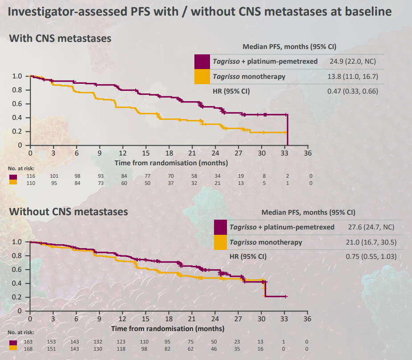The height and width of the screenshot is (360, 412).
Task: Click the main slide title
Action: tap(200, 12)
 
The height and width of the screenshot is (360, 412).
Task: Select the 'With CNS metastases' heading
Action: tap(60, 38)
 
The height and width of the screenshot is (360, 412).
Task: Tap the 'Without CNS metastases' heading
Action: tap(69, 211)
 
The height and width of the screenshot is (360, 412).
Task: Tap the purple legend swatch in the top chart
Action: tap(202, 61)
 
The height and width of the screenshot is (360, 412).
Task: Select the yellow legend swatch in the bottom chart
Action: tap(221, 242)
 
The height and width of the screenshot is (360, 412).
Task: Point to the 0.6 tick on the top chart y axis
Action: tap(17, 104)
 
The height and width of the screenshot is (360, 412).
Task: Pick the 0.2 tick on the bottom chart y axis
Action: tap(17, 297)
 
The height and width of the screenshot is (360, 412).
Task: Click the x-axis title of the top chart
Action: tap(171, 163)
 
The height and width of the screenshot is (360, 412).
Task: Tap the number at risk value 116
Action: tap(30, 176)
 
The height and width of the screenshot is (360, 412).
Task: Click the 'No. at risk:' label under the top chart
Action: tap(21, 169)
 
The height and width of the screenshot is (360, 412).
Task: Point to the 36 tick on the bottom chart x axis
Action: tap(307, 319)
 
